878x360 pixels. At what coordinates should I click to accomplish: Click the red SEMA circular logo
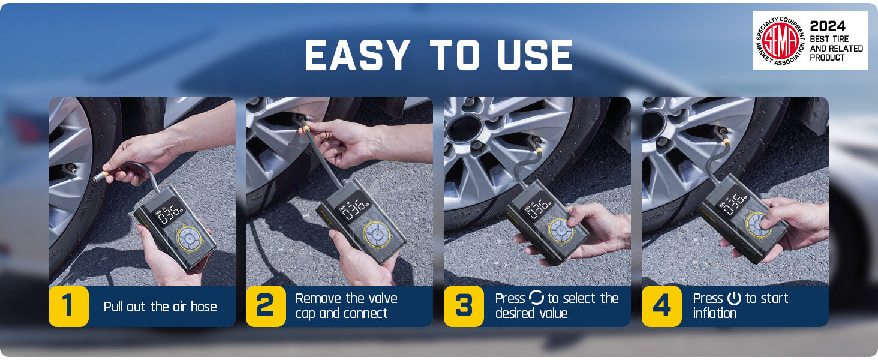780,41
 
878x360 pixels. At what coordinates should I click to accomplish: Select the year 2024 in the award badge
828,26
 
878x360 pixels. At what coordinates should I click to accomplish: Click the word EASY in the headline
357,55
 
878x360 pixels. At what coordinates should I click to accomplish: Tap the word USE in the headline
534,55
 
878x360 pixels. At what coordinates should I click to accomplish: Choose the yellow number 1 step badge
68,306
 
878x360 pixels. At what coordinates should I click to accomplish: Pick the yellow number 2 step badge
266,306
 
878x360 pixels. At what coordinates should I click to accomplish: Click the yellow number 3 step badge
464,306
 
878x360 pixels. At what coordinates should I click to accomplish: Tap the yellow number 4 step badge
661,306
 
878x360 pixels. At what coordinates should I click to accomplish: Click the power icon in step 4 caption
734,298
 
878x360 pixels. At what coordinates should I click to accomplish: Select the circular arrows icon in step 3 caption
536,298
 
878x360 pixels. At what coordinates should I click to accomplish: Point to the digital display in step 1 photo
168,212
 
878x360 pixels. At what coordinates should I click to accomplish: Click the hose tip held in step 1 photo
101,175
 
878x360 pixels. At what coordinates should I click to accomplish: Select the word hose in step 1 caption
203,307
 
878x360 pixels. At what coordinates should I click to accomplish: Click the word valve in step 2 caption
380,298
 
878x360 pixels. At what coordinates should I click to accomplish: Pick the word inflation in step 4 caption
715,313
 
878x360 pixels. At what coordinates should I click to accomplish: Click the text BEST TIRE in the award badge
829,39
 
